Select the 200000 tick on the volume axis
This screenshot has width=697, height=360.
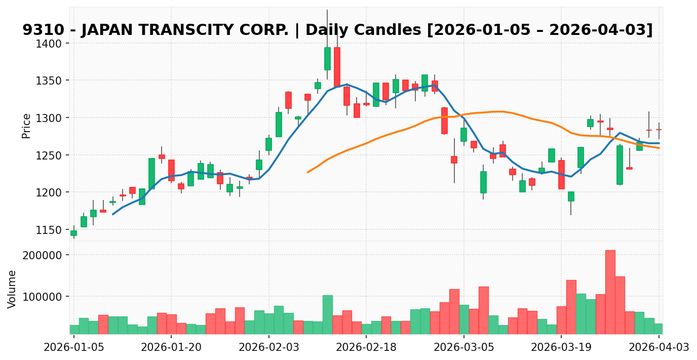[x=44, y=255]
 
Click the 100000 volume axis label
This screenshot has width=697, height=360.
[x=44, y=297]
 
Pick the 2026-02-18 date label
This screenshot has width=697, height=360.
[x=366, y=347]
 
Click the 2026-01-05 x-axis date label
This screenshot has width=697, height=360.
[x=74, y=347]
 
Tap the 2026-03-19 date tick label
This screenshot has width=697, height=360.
[x=561, y=347]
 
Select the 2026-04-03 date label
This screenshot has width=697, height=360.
[x=659, y=347]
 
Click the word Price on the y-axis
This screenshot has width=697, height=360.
[x=26, y=126]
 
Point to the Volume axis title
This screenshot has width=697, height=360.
[x=12, y=289]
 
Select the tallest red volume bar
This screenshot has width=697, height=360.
[x=610, y=292]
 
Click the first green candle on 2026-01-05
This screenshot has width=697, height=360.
[x=74, y=233]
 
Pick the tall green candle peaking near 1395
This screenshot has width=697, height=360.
[x=327, y=59]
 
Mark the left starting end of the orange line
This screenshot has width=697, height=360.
[x=307, y=172]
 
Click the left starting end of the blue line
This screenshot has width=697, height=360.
[x=112, y=214]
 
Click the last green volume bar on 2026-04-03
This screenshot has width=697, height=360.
[x=659, y=329]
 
